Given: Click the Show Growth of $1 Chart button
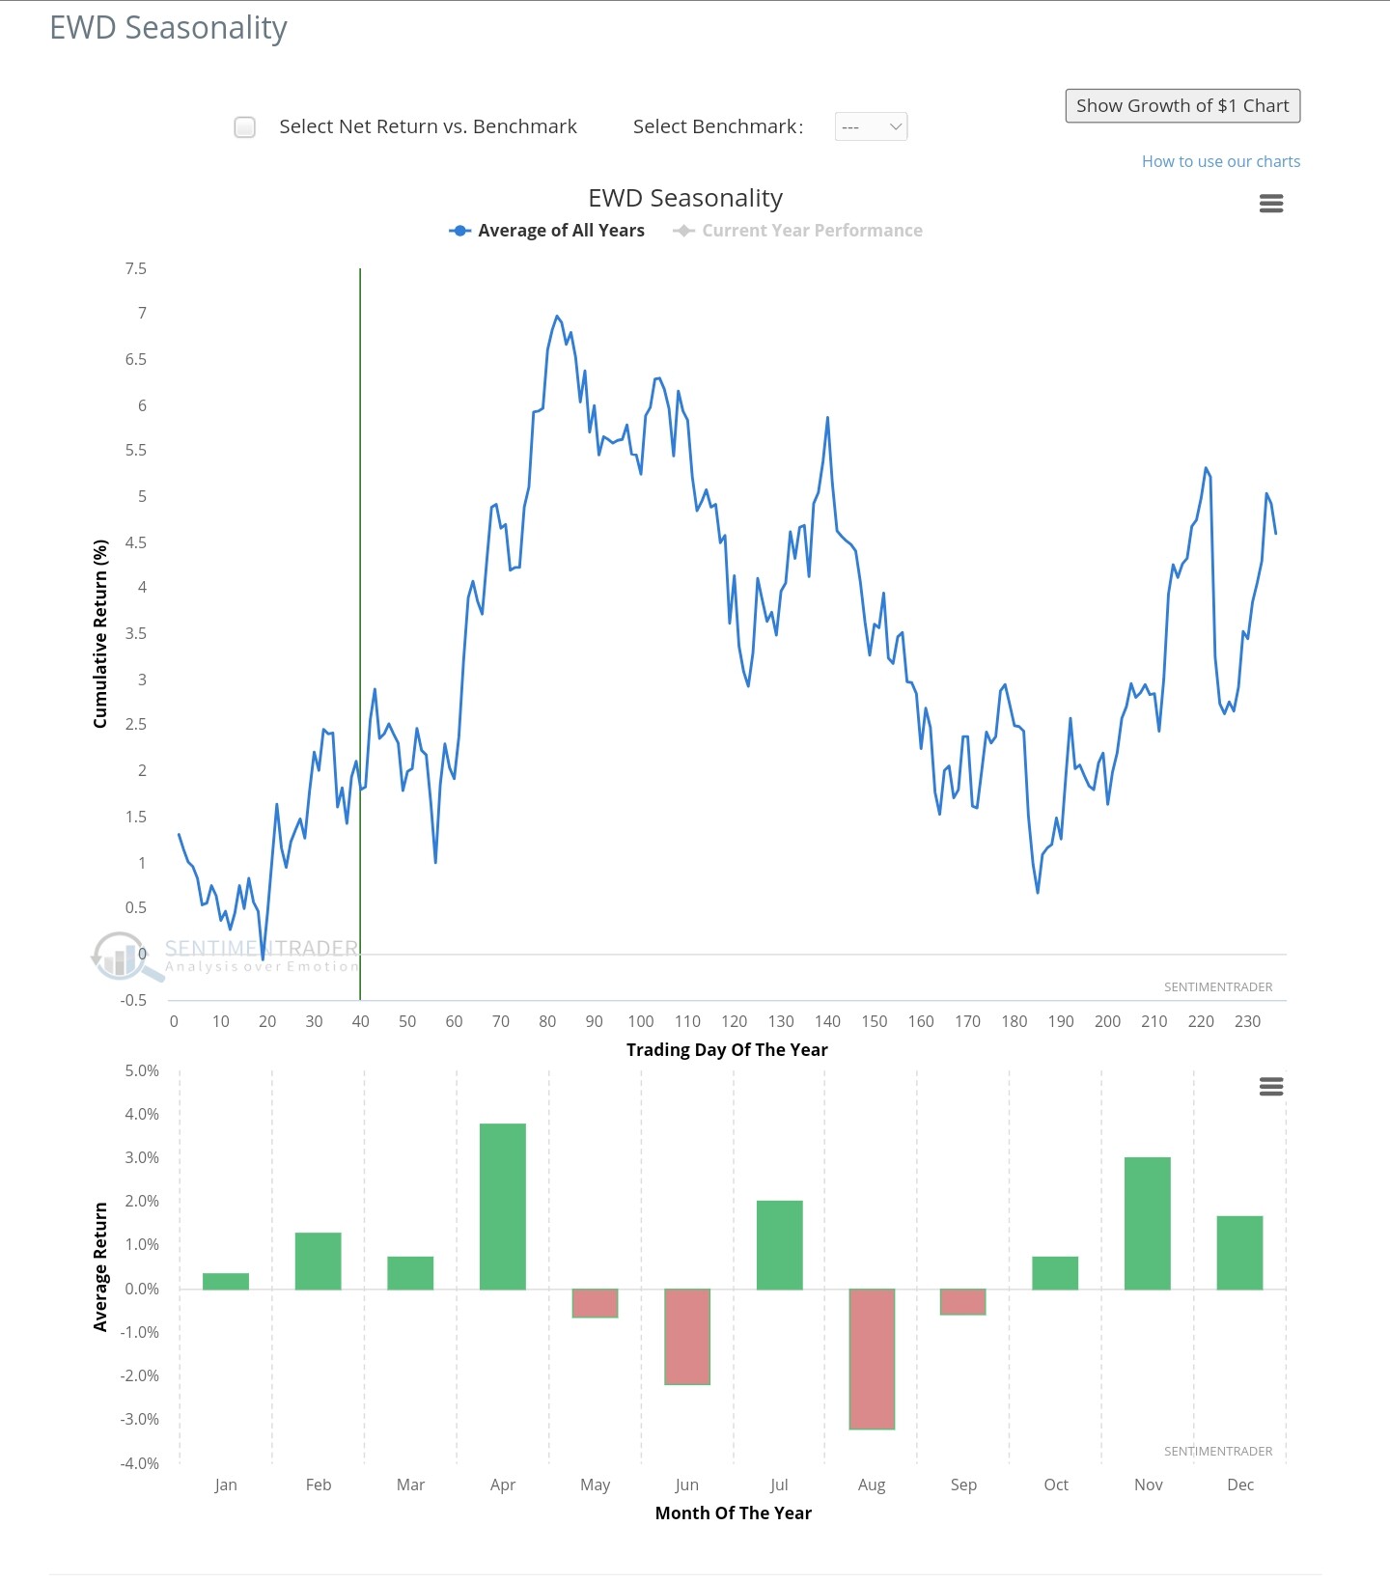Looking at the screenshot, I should pyautogui.click(x=1182, y=106).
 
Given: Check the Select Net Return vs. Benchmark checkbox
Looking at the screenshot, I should pyautogui.click(x=245, y=127).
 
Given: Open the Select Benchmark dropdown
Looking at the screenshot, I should pyautogui.click(x=871, y=126).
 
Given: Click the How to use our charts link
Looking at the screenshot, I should pyautogui.click(x=1220, y=161).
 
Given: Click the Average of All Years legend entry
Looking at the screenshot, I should pyautogui.click(x=547, y=231).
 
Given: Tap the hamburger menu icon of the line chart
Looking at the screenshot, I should pyautogui.click(x=1271, y=204).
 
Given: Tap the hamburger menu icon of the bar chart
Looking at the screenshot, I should pyautogui.click(x=1271, y=1087).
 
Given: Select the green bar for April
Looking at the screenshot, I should pyautogui.click(x=503, y=1206).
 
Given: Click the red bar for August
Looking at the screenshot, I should pyautogui.click(x=872, y=1358).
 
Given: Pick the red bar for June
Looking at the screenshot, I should pyautogui.click(x=687, y=1336).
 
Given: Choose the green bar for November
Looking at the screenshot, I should pyautogui.click(x=1148, y=1223).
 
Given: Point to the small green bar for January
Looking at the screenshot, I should pyautogui.click(x=226, y=1281).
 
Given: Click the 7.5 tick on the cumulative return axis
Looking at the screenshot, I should pyautogui.click(x=136, y=268).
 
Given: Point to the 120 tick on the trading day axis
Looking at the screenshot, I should pyautogui.click(x=734, y=1021).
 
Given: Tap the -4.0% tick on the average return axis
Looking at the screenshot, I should pyautogui.click(x=140, y=1463).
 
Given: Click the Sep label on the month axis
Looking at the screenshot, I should pyautogui.click(x=963, y=1485).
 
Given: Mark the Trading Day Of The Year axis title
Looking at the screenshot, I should pyautogui.click(x=727, y=1050).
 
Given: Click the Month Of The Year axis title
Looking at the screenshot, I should pyautogui.click(x=733, y=1513).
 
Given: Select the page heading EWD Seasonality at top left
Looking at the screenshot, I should pyautogui.click(x=169, y=28).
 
